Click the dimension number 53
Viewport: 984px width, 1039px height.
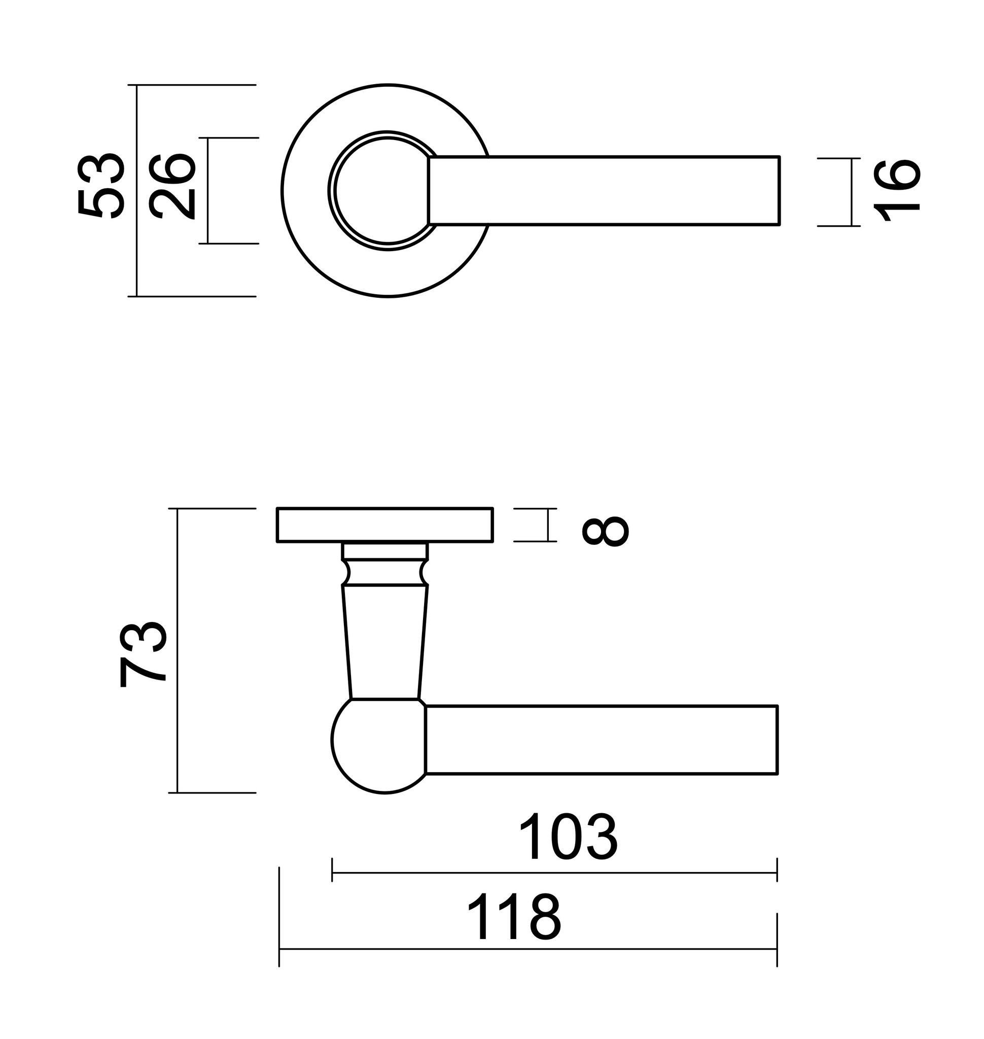[101, 185]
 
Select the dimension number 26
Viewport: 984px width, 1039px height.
[171, 185]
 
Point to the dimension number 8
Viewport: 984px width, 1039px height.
[605, 531]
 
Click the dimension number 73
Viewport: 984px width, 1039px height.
[143, 654]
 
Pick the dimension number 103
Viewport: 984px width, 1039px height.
[568, 838]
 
